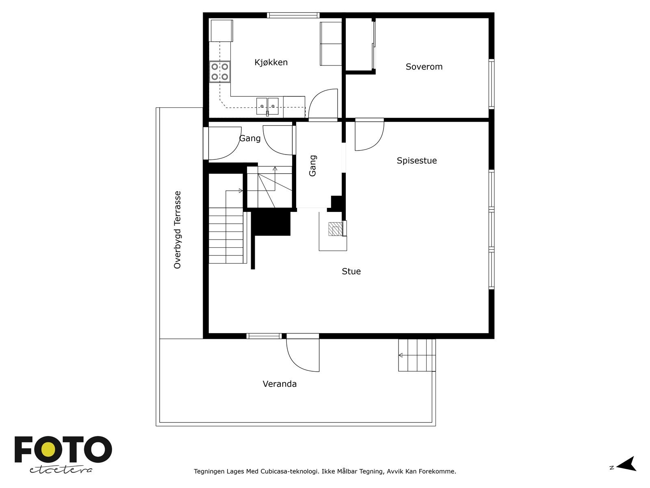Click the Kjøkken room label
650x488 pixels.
click(271, 62)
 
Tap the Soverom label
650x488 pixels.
click(424, 67)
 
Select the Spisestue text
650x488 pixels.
click(416, 161)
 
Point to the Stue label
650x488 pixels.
click(351, 271)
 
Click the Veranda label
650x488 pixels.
click(279, 384)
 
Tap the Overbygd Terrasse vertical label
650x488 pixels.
click(178, 230)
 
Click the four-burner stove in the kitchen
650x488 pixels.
click(220, 72)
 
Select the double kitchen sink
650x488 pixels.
click(267, 106)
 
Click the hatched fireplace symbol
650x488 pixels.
click(336, 229)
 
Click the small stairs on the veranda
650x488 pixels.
click(417, 355)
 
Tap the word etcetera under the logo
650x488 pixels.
click(61, 470)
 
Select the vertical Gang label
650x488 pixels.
click(312, 166)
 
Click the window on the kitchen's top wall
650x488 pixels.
click(292, 15)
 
